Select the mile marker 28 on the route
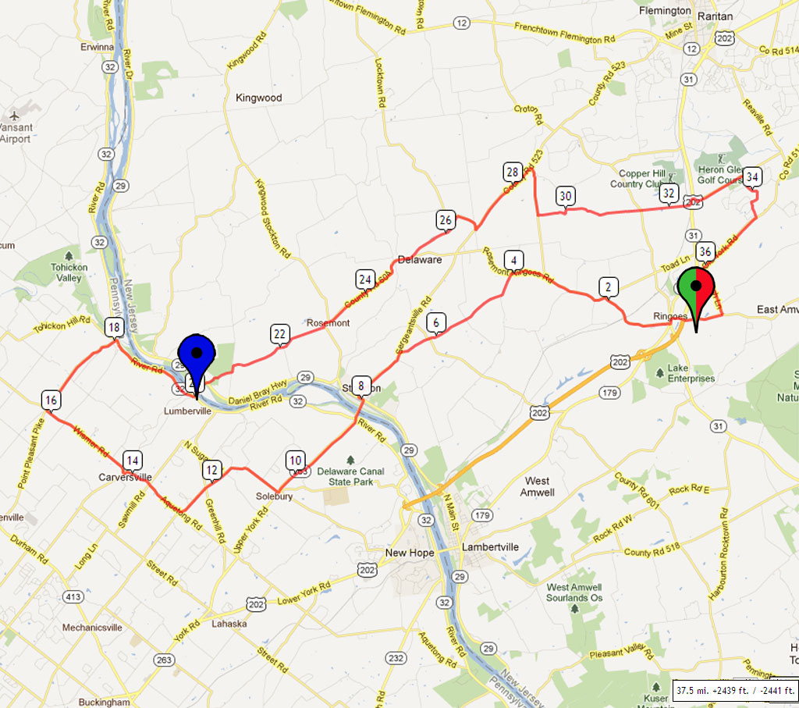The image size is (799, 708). click(x=512, y=172)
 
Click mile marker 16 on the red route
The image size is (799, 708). click(x=51, y=401)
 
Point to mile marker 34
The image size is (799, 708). click(x=752, y=176)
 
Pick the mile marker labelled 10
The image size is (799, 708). click(x=295, y=461)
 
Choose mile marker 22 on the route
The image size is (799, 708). click(x=280, y=334)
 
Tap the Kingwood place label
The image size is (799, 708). click(x=258, y=98)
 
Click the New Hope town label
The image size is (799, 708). click(x=409, y=553)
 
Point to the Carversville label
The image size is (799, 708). click(x=124, y=477)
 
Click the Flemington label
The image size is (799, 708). click(x=665, y=11)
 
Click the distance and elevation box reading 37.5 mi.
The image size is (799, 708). click(x=734, y=691)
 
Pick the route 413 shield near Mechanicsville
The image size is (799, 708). click(x=73, y=597)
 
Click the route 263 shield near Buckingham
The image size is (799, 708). click(x=164, y=660)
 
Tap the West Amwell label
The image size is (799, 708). click(x=538, y=486)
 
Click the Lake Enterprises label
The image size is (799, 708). click(x=686, y=378)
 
